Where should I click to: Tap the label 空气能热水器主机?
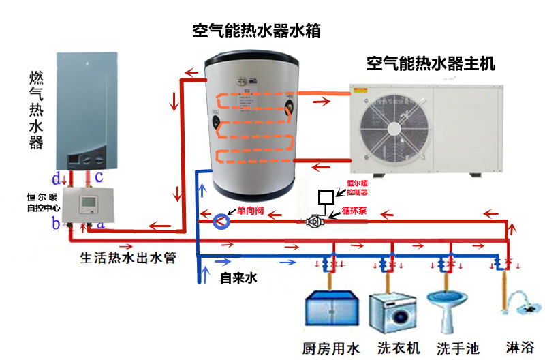pyautogui.click(x=431, y=65)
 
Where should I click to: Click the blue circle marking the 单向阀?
pyautogui.click(x=221, y=221)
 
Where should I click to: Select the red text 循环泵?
pyautogui.click(x=354, y=211)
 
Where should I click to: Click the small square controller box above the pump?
pyautogui.click(x=326, y=197)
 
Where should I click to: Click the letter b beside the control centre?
pyautogui.click(x=56, y=223)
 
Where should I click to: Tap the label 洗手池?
pyautogui.click(x=458, y=348)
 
